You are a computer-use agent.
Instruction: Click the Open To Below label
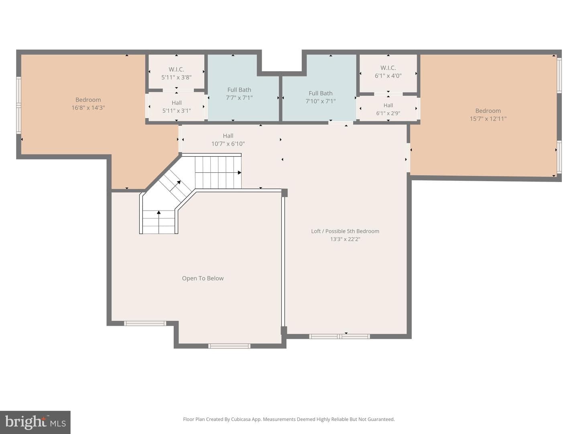(x=202, y=278)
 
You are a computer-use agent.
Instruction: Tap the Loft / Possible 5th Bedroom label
(x=345, y=231)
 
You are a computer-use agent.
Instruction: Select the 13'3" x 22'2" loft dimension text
(x=345, y=239)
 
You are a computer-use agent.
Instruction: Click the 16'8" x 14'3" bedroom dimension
(x=88, y=108)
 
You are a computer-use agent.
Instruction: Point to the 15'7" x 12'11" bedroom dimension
(x=488, y=119)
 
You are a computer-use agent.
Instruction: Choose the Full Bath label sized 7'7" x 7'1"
(x=239, y=90)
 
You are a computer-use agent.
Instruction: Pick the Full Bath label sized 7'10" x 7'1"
(x=320, y=93)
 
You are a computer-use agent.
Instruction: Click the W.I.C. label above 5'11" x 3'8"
(x=176, y=69)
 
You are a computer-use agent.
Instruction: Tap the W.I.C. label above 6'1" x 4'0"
(x=388, y=68)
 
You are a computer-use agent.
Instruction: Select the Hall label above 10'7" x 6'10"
(x=228, y=136)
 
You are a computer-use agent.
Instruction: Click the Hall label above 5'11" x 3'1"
(x=177, y=103)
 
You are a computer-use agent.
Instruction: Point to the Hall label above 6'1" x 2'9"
(x=388, y=105)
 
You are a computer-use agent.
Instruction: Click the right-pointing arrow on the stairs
(x=218, y=173)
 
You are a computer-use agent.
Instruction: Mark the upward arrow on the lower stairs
(x=159, y=222)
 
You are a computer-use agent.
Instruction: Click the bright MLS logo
(x=35, y=422)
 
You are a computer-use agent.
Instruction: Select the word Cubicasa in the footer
(x=241, y=419)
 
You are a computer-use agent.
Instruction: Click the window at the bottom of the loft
(x=340, y=336)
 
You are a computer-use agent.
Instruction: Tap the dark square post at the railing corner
(x=285, y=193)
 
